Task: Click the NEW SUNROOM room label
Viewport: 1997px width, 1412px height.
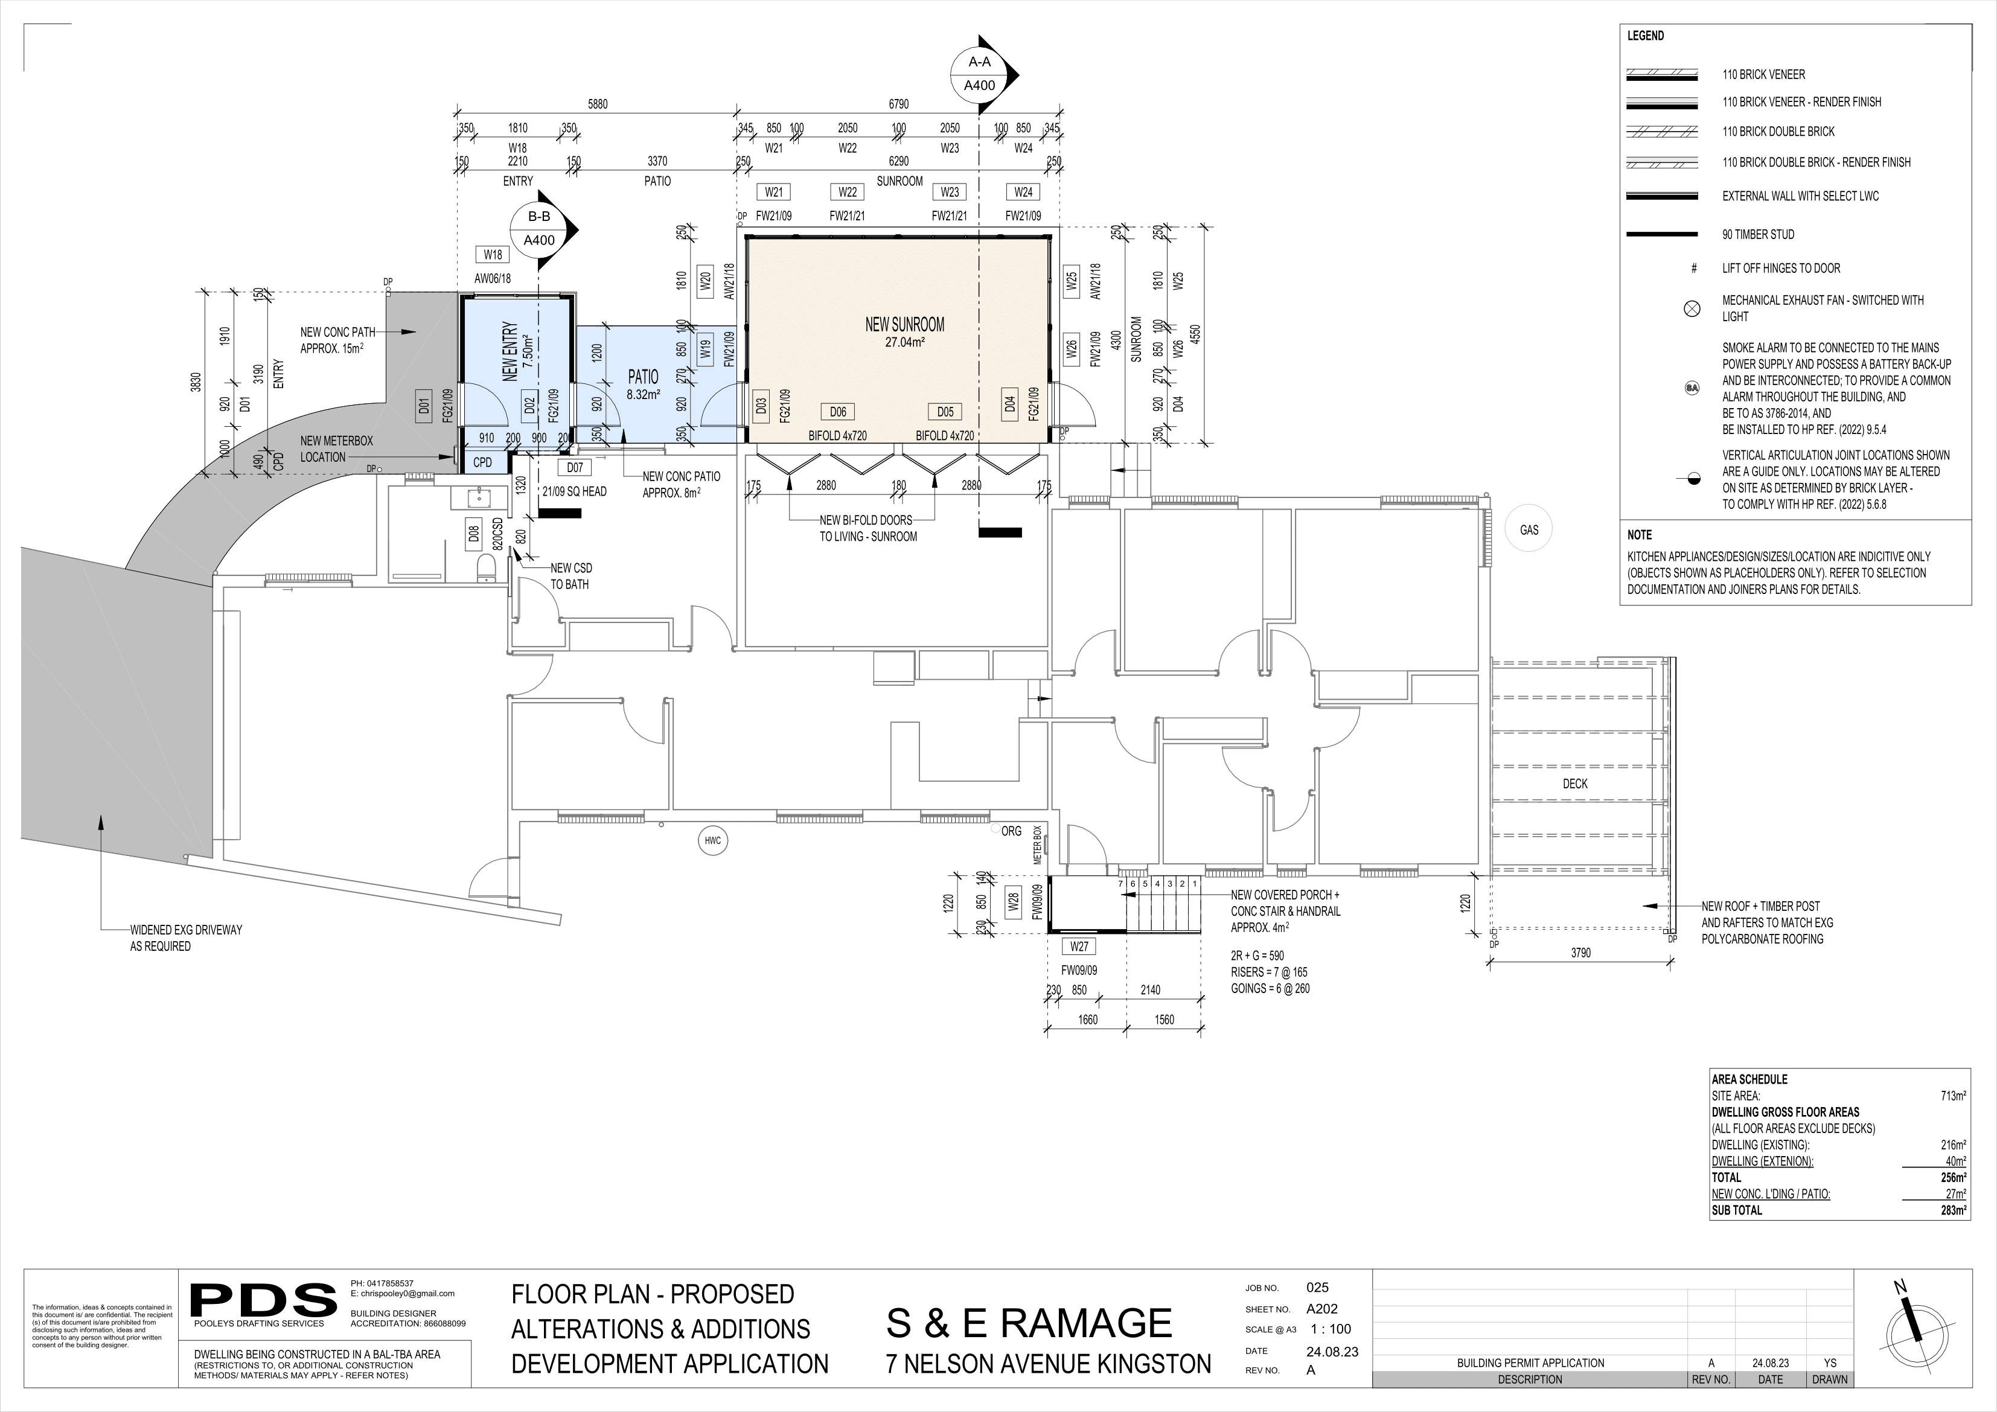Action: tap(904, 325)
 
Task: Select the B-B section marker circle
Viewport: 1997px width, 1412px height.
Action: tap(539, 229)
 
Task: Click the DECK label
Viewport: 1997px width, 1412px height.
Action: tap(1575, 784)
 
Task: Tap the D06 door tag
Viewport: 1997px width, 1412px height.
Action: tap(837, 412)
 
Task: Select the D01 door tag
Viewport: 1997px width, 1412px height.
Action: tap(424, 406)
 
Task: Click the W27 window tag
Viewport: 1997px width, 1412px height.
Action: tap(1079, 946)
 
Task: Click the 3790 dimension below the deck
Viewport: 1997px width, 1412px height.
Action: tap(1580, 953)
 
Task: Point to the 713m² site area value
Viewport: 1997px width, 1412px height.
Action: tap(1954, 1096)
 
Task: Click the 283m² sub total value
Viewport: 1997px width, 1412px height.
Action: tap(1954, 1210)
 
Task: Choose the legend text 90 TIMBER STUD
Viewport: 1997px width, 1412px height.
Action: tap(1758, 234)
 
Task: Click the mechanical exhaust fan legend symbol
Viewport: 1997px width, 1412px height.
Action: tap(1692, 308)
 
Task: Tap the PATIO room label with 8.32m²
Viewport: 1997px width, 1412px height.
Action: tap(643, 384)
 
